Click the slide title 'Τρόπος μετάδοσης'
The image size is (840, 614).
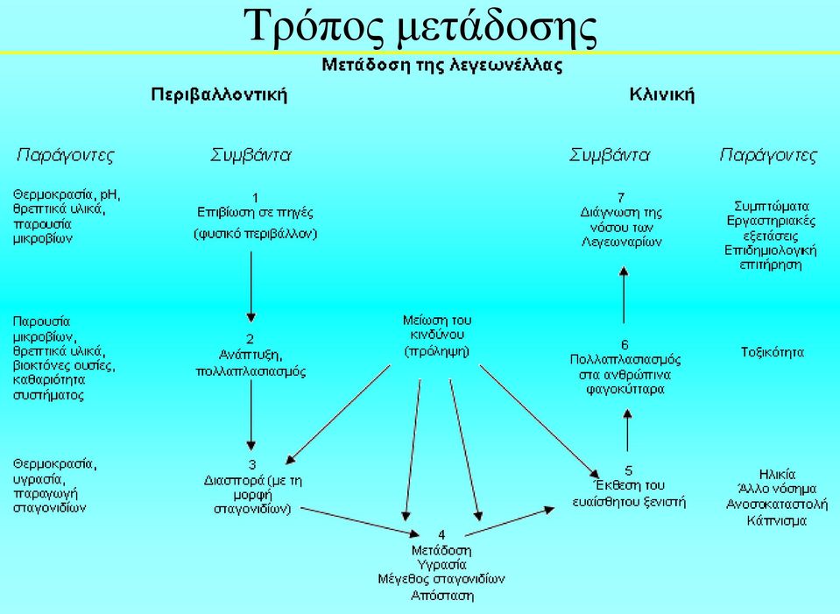(420, 27)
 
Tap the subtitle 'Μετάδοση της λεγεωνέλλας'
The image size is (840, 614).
(442, 66)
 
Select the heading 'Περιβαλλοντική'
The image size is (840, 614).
(219, 95)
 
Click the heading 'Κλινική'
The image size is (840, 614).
(661, 95)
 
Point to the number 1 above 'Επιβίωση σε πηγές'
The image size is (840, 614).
(255, 198)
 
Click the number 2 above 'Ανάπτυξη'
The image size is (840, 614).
(251, 339)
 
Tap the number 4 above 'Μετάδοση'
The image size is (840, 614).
(441, 534)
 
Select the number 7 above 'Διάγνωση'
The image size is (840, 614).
(621, 198)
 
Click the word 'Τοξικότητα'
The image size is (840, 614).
(773, 352)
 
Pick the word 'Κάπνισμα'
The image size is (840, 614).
(777, 520)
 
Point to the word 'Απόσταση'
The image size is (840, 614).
(442, 596)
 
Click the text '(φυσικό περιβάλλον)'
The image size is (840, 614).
(256, 234)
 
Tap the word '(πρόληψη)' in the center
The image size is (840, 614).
(437, 351)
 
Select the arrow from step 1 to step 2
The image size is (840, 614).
(251, 286)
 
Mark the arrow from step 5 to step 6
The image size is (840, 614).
(628, 430)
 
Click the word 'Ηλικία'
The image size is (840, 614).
(777, 474)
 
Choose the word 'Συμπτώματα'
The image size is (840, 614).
(772, 207)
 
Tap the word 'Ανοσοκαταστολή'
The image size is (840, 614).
(777, 505)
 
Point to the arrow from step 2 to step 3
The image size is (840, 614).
(251, 414)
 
